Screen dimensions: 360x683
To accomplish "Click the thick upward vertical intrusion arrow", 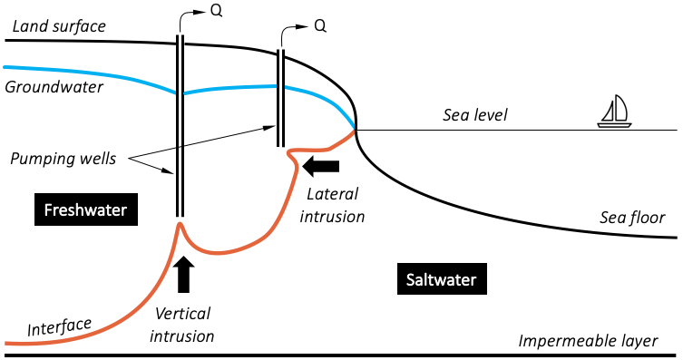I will (183, 275).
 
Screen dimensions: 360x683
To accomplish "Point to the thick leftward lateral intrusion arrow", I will (322, 166).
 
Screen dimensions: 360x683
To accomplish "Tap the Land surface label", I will (58, 25).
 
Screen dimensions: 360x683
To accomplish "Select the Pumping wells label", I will (63, 159).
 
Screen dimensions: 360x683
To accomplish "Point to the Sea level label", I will (475, 115).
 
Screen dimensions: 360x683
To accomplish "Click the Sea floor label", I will (632, 218).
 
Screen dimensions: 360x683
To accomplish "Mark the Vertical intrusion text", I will (184, 325).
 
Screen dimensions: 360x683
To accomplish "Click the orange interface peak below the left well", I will (180, 223).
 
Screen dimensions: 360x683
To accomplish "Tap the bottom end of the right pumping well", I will (282, 144).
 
